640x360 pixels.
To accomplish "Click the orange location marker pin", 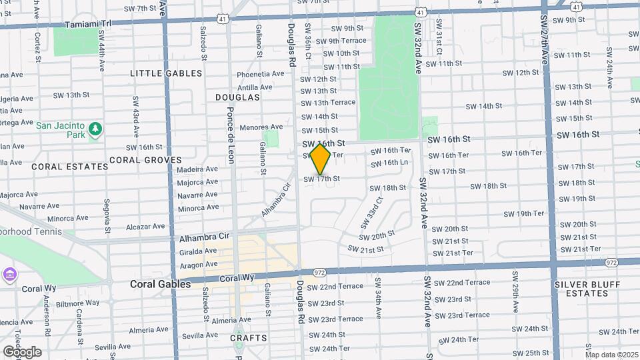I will (x=320, y=159).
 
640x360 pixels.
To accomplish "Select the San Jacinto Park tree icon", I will (x=95, y=128).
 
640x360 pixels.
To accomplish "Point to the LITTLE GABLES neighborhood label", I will (x=166, y=73).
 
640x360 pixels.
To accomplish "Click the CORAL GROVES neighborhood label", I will (x=145, y=160).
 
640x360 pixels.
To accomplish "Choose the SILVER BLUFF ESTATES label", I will (x=582, y=288).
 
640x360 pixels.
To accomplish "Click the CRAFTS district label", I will (x=248, y=338).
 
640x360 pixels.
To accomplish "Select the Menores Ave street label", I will (x=262, y=127).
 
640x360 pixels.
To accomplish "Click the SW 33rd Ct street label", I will (x=372, y=209).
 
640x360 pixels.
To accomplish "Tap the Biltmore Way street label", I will (x=78, y=303).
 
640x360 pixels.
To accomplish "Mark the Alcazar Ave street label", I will (x=145, y=227).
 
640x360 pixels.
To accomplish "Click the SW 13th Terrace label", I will (x=328, y=103).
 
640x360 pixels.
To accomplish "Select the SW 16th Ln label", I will (x=389, y=163).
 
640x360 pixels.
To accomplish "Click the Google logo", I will (x=21, y=352).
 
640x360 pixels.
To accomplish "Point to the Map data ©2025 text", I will (x=611, y=355).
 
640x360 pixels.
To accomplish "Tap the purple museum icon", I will (x=9, y=274).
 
